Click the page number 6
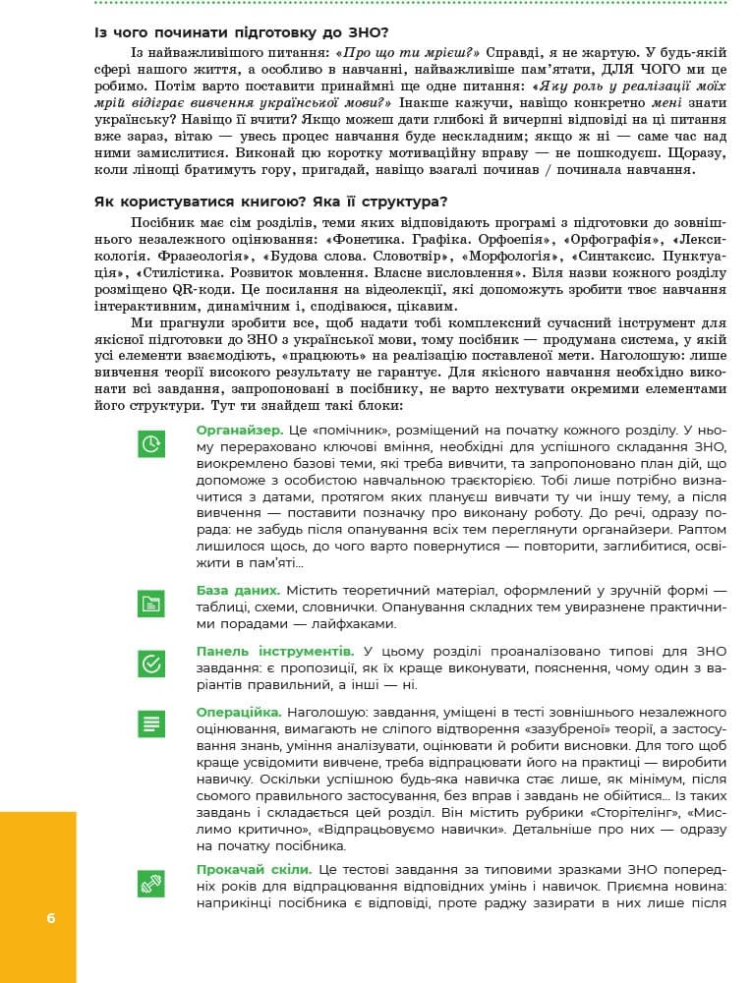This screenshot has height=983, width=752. pyautogui.click(x=50, y=918)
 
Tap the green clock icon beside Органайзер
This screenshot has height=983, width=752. pyautogui.click(x=151, y=444)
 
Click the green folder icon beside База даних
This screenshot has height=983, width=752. pyautogui.click(x=151, y=604)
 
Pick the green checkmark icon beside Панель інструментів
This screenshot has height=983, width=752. pyautogui.click(x=151, y=664)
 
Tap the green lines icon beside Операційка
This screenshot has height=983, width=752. pyautogui.click(x=151, y=723)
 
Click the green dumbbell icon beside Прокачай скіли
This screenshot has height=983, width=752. pyautogui.click(x=151, y=883)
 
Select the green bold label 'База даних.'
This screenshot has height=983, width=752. pyautogui.click(x=238, y=590)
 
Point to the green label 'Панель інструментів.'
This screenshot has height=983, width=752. pyautogui.click(x=274, y=651)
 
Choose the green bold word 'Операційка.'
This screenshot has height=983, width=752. pyautogui.click(x=239, y=711)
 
